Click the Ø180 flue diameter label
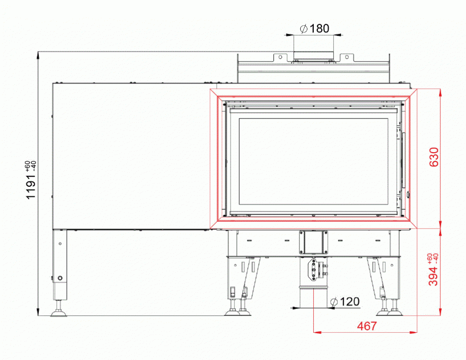click(315, 28)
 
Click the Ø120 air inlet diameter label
click(345, 302)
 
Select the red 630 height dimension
click(434, 157)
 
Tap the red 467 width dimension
click(367, 326)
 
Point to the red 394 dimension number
click(434, 276)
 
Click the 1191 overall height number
click(31, 187)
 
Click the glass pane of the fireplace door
click(314, 162)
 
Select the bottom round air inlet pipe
click(314, 297)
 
